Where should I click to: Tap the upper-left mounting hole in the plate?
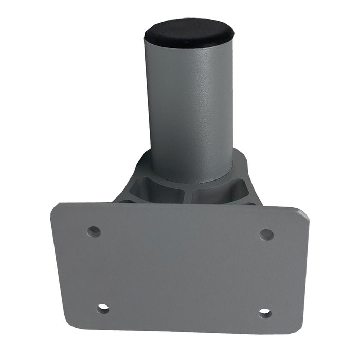click(x=94, y=231)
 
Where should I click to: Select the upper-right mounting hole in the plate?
click(x=266, y=235)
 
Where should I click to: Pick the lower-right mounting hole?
click(x=265, y=312)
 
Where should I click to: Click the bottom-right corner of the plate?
click(x=298, y=332)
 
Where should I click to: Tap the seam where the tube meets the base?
click(x=189, y=181)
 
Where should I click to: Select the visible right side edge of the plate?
click(x=308, y=267)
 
